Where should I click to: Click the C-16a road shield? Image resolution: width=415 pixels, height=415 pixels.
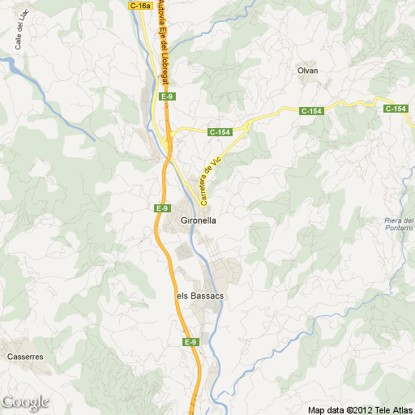(140, 6)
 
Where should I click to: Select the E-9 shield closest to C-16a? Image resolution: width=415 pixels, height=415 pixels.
(167, 96)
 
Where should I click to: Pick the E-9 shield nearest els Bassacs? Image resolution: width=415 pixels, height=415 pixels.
(190, 343)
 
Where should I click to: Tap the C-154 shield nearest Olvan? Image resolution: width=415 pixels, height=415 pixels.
(311, 111)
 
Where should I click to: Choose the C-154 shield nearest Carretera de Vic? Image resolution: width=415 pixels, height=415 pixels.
(220, 132)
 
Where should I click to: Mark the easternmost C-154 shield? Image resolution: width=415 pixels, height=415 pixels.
(396, 109)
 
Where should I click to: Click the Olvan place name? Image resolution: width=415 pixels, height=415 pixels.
(308, 71)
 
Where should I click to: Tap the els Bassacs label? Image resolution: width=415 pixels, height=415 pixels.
(199, 296)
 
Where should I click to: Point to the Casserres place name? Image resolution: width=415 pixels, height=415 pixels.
(24, 356)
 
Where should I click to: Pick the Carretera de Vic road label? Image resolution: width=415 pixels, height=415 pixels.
(210, 180)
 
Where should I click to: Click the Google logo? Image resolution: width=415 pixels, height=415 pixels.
(25, 402)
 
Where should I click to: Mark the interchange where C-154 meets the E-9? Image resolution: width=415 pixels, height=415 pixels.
(169, 145)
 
